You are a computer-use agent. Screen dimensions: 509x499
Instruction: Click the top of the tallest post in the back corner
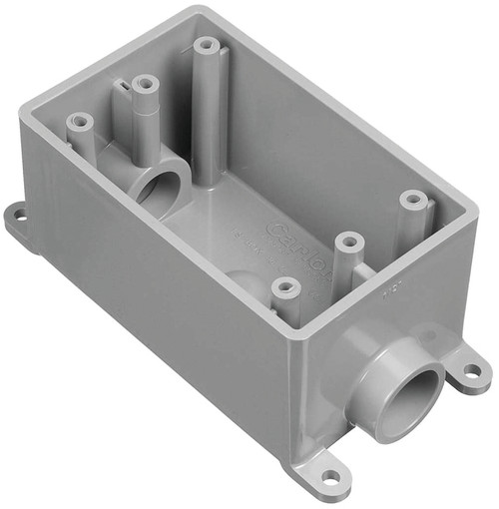(x=207, y=45)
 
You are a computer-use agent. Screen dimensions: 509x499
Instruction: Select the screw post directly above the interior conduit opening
(x=145, y=85)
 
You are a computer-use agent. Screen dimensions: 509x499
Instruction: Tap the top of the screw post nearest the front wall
(x=285, y=287)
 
